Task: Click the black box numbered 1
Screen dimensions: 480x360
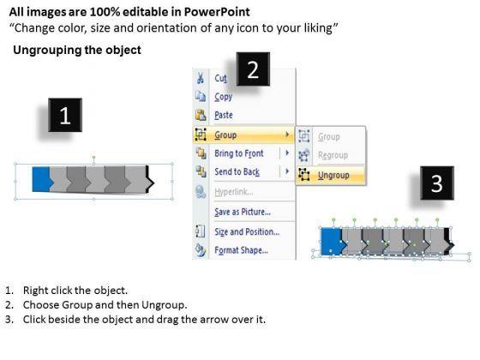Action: [65, 115]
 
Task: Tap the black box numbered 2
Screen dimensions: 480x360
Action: [253, 69]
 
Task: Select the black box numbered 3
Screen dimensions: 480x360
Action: [437, 183]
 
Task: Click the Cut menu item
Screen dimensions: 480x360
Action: [221, 78]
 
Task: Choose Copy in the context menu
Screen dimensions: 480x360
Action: [224, 97]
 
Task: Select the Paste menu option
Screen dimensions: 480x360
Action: [224, 115]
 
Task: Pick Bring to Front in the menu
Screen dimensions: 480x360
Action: [239, 153]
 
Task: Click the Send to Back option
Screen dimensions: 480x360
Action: [237, 171]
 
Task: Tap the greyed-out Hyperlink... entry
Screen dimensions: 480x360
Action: [234, 192]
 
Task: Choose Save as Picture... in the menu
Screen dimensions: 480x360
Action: [243, 212]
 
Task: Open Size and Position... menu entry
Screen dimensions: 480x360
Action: [247, 231]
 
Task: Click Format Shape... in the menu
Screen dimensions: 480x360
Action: [241, 250]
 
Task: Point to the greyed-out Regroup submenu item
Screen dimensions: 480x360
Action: [333, 155]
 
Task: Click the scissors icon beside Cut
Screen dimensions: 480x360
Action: [201, 78]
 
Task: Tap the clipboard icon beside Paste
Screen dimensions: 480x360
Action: [201, 115]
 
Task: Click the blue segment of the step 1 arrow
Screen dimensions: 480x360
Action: [42, 179]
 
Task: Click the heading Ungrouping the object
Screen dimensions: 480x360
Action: [77, 50]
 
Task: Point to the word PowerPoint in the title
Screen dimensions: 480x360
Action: [217, 12]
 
